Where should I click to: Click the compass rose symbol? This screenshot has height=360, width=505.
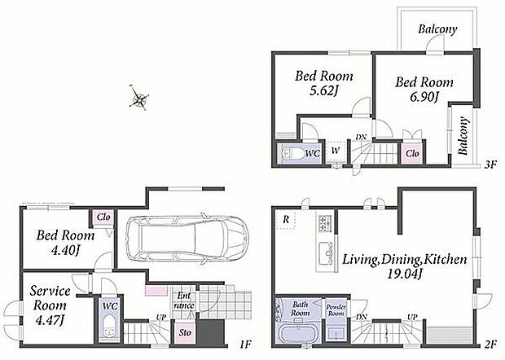(138, 98)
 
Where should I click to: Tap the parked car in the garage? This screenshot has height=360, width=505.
(187, 239)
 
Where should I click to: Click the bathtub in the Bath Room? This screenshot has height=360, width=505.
(296, 334)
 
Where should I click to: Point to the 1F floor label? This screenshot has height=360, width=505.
(245, 345)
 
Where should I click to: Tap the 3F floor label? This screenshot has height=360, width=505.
(490, 165)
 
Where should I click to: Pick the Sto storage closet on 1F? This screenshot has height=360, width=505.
(185, 332)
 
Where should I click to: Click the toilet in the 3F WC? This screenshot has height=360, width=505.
(291, 154)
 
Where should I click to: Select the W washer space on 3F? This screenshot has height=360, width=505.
(336, 151)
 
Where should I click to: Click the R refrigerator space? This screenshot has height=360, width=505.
(286, 220)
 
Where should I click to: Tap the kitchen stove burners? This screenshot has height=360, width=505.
(323, 223)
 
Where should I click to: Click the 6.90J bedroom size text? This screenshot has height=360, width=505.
(423, 97)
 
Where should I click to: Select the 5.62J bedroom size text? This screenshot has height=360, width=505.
(323, 90)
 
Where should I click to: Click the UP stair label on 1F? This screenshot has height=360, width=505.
(161, 318)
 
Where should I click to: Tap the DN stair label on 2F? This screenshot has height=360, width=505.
(362, 317)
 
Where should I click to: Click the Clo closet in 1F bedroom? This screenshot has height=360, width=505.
(103, 217)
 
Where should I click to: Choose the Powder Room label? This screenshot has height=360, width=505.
(336, 310)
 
